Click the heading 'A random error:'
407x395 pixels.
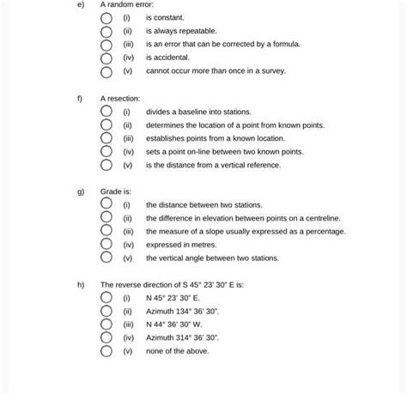[126, 4]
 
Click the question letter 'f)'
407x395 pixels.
[79, 99]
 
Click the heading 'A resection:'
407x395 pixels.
[120, 99]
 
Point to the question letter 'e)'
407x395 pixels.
[79, 4]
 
